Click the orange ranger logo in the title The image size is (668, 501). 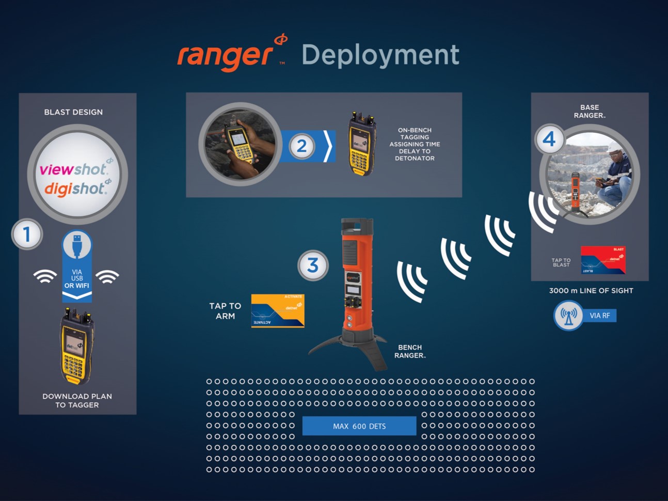227,55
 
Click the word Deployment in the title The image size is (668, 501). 380,55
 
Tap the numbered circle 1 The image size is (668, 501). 27,234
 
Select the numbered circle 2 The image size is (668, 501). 301,146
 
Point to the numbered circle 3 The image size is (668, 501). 313,265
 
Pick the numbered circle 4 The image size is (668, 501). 549,138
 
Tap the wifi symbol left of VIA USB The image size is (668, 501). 45,276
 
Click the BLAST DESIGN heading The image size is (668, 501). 73,112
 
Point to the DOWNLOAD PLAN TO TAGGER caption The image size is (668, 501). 77,400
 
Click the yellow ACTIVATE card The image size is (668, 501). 278,310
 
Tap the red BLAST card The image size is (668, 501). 603,260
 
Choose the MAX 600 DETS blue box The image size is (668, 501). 359,426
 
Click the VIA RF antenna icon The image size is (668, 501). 568,316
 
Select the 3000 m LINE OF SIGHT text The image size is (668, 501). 591,291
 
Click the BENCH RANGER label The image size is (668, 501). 410,351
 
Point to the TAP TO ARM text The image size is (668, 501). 225,311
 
